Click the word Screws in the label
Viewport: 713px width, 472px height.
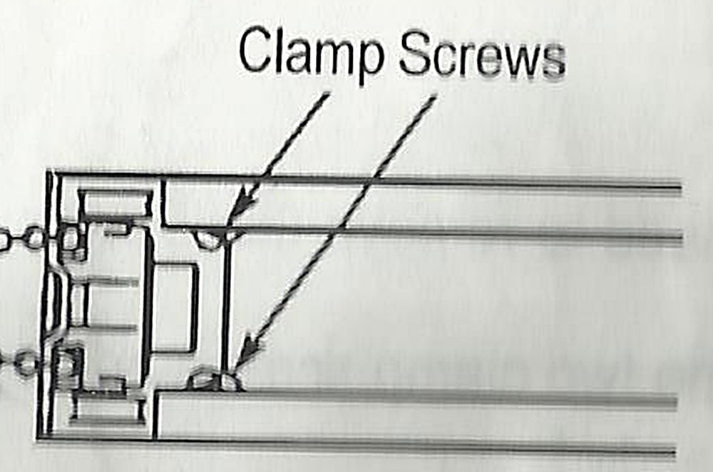[x=481, y=53]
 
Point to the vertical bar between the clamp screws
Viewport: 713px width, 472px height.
[x=226, y=307]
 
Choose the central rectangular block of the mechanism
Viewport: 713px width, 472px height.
[x=173, y=307]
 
